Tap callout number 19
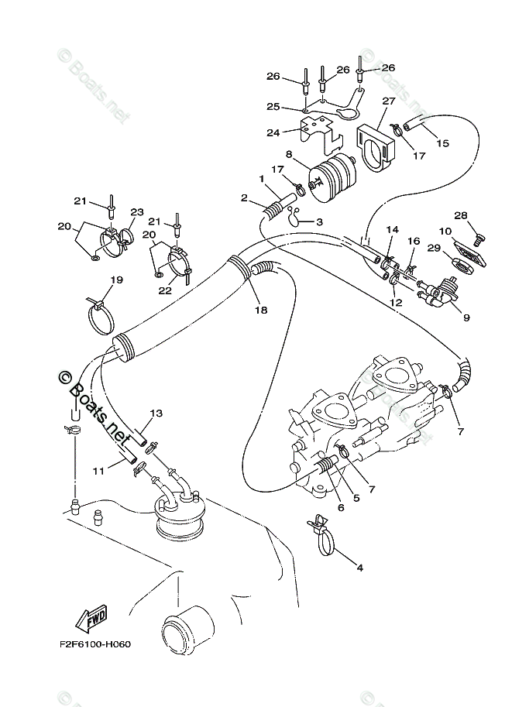[x=116, y=280]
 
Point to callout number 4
[x=359, y=567]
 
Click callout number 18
[x=262, y=310]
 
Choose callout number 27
[x=388, y=101]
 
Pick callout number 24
[x=272, y=132]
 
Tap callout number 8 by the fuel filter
[x=288, y=155]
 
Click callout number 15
[x=442, y=143]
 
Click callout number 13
[x=156, y=414]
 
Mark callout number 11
[x=98, y=469]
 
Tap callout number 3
[x=318, y=221]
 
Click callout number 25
[x=272, y=106]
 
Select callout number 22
[x=163, y=290]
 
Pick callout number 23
[x=136, y=212]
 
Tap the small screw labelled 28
[x=477, y=234]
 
